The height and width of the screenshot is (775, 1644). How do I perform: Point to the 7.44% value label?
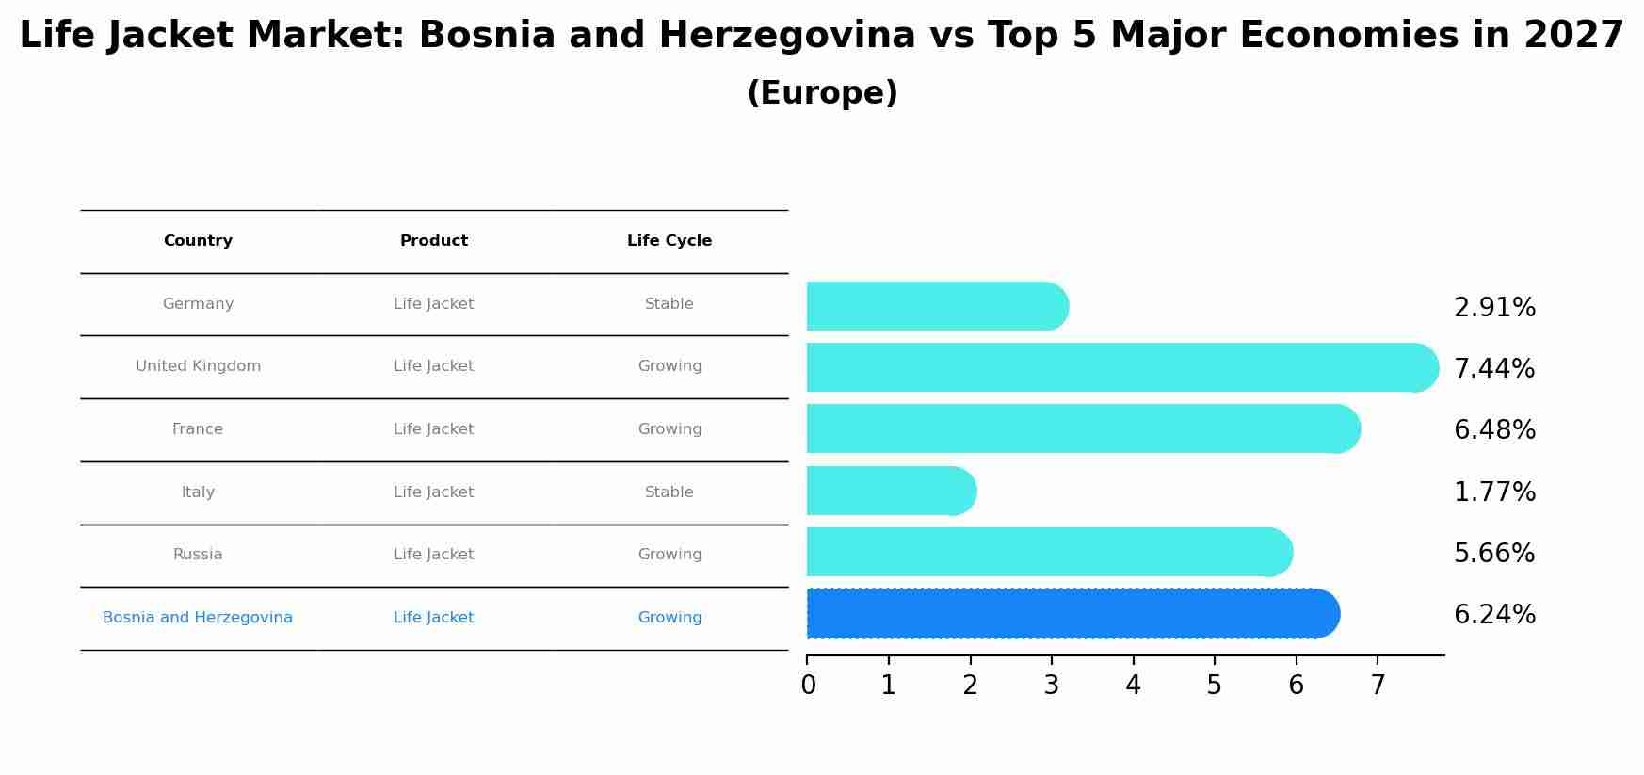pos(1494,368)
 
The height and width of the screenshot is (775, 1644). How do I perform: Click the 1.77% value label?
pos(1494,492)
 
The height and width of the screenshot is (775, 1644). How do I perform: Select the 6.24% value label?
pos(1494,615)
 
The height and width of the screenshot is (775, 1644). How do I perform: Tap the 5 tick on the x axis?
pos(1215,686)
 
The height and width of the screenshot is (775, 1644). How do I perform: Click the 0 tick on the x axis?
pos(808,686)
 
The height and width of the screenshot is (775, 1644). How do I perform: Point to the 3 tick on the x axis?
pos(1052,686)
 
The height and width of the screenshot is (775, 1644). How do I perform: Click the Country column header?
pos(198,241)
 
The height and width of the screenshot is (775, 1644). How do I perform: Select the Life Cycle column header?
pos(669,241)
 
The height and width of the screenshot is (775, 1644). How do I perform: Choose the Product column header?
pos(434,241)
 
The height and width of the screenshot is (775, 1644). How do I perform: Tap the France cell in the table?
pos(198,429)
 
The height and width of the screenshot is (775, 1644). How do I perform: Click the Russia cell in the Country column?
pos(198,555)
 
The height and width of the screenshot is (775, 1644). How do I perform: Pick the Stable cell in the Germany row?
pos(669,304)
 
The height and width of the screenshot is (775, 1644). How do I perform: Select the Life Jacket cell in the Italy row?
pos(434,492)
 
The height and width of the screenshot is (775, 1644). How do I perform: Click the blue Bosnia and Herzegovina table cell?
pos(198,618)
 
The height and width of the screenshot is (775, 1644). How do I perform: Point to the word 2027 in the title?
pos(1573,36)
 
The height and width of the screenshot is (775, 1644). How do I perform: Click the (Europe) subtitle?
pos(822,93)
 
